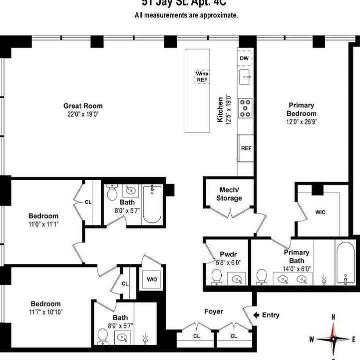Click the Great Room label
[83, 105]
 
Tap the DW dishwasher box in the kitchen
[244, 58]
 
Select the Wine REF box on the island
[202, 77]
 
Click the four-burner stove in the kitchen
[245, 108]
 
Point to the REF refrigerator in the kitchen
[246, 148]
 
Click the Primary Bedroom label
[302, 109]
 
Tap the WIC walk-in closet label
[320, 212]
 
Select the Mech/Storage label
[229, 194]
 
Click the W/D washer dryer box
[152, 279]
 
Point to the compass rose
[333, 338]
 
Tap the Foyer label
[214, 311]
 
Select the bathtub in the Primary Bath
[345, 263]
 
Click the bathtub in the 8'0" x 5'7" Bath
[152, 204]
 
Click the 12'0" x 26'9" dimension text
[302, 121]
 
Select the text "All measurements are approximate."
[186, 15]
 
